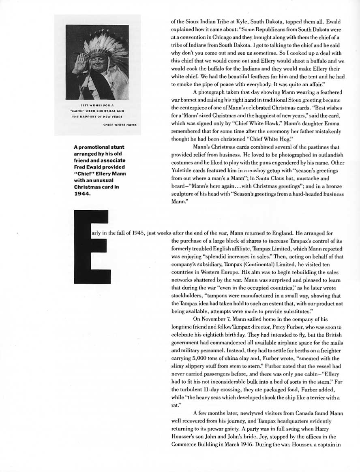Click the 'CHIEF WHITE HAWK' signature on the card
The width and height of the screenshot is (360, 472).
(x=120, y=125)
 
